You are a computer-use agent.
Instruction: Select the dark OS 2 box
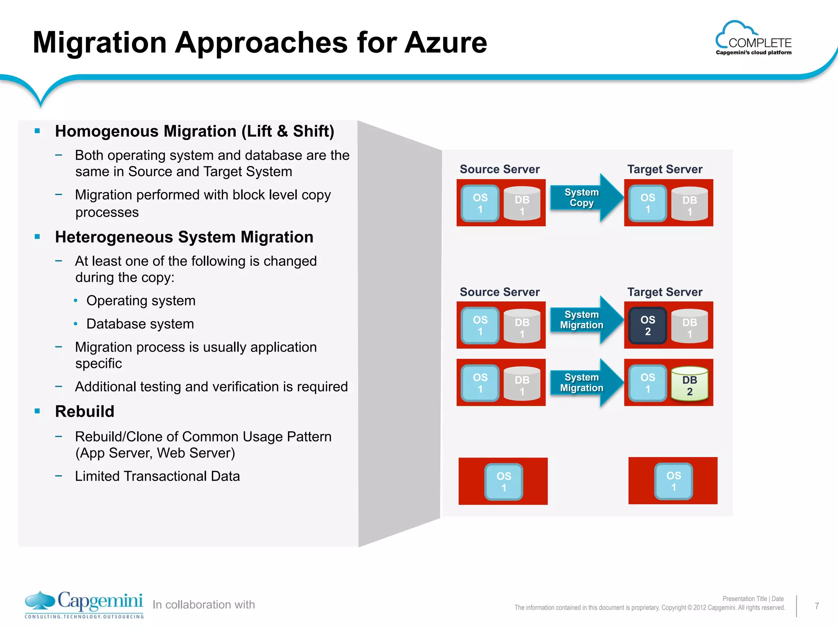pos(648,325)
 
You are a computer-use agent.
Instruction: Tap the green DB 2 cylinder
pos(689,384)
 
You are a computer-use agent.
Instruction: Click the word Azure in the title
pos(446,43)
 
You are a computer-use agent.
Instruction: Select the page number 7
pos(816,606)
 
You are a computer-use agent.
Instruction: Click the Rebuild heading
pos(85,411)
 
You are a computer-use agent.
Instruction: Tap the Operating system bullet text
pos(141,301)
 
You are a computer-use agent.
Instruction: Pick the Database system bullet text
pos(140,324)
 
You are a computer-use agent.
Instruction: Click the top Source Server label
pos(500,169)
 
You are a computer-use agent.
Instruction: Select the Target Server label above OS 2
pos(665,292)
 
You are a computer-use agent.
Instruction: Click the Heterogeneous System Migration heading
pos(184,237)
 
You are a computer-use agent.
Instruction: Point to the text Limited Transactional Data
pos(157,476)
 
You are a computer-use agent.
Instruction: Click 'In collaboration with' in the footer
pos(204,605)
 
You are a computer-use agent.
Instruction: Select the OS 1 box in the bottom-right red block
pos(674,481)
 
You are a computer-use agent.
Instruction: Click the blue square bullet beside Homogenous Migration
pos(38,131)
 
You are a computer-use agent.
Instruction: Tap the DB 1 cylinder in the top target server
pos(689,204)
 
